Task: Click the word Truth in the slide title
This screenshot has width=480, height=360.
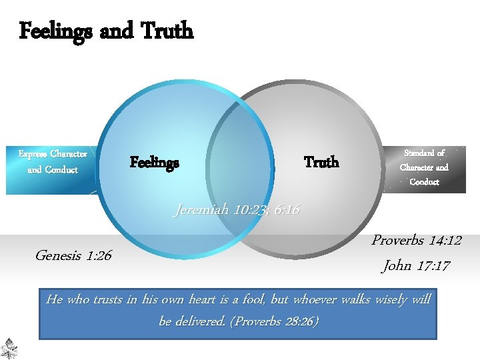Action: [166, 31]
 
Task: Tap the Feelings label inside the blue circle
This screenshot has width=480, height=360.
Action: [154, 163]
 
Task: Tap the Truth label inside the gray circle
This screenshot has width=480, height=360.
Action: [321, 162]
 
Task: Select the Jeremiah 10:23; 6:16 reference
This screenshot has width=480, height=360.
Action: [237, 211]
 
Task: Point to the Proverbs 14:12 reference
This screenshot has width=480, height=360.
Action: [416, 241]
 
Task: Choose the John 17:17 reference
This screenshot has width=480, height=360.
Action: [416, 266]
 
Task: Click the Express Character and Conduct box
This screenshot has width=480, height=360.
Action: [53, 162]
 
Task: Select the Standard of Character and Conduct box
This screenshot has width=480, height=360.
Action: [425, 167]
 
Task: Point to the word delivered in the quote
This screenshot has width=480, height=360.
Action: [203, 321]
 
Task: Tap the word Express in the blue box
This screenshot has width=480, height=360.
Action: [33, 155]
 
